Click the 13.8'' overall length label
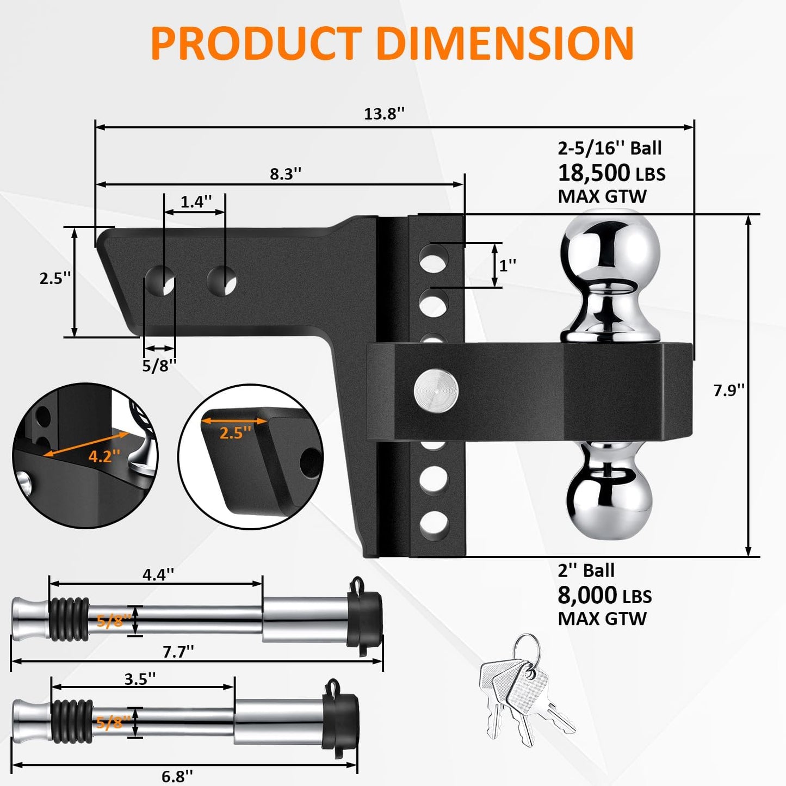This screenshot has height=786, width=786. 384,114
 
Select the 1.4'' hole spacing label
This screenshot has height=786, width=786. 195,202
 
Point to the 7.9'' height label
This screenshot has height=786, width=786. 728,390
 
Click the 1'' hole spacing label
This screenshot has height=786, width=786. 508,265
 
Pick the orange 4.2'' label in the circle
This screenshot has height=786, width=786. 104,456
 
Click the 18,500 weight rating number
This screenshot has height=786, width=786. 593,173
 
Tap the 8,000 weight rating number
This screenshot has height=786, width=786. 587,595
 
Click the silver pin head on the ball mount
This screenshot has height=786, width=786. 436,391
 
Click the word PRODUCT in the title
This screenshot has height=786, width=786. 256,44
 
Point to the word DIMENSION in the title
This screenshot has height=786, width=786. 505,44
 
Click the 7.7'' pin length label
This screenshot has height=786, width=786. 178,651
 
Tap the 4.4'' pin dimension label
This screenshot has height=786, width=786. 158,574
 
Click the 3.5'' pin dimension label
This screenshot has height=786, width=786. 140,679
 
